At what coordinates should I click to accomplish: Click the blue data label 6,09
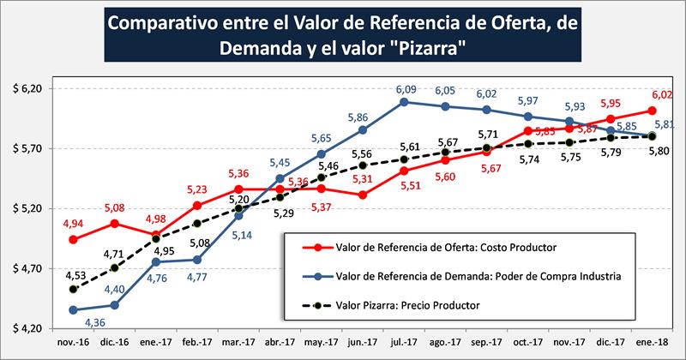click(404, 88)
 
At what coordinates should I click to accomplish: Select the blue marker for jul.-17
click(404, 102)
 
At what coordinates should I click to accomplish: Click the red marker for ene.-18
click(653, 111)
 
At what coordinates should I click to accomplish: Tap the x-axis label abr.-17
click(280, 342)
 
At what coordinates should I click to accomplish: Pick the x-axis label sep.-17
click(486, 342)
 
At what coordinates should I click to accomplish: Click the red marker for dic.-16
click(114, 223)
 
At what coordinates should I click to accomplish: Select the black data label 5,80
click(661, 151)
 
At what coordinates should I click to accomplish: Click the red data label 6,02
click(661, 96)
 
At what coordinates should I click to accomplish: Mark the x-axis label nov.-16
click(73, 342)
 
